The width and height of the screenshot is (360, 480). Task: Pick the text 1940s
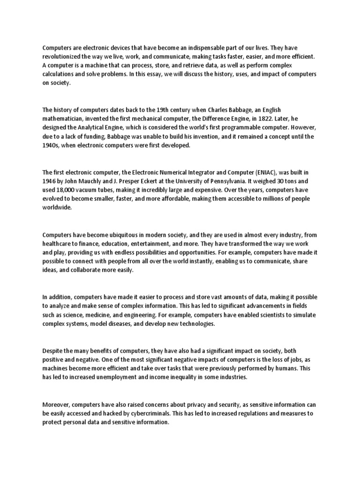[50, 145]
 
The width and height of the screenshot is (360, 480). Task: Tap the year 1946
[50, 180]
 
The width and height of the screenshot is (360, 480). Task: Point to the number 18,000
[67, 189]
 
